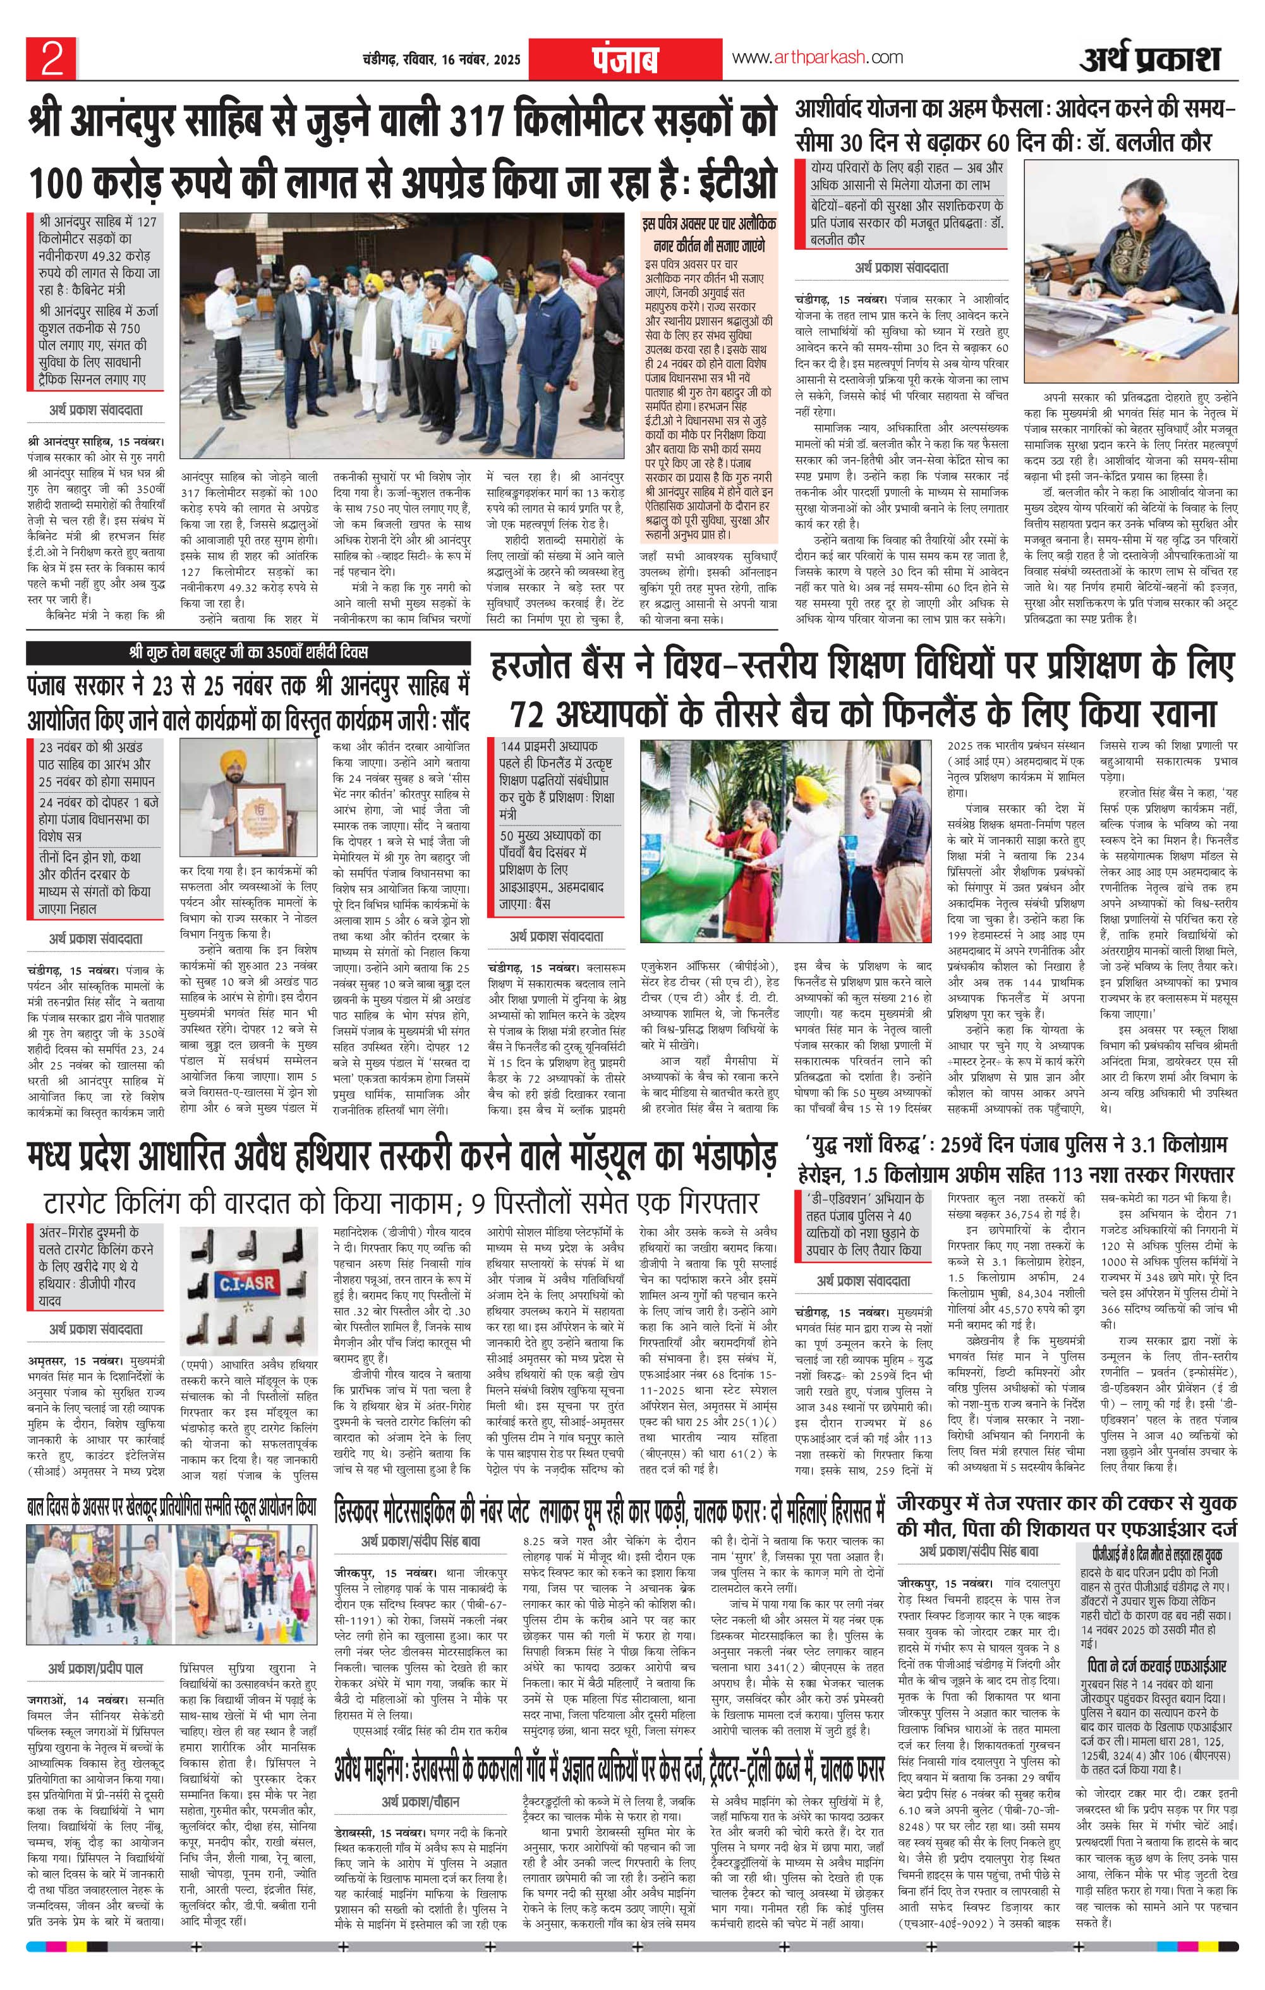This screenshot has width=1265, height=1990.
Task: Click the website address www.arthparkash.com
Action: pos(816,57)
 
